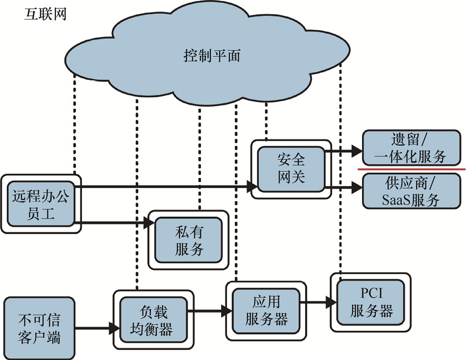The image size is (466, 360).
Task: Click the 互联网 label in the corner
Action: click(45, 14)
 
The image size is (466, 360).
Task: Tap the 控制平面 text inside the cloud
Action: click(212, 57)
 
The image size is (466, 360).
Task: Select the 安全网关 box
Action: click(291, 169)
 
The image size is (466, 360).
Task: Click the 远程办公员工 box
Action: click(41, 204)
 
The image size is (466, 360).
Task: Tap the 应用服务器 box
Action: click(266, 311)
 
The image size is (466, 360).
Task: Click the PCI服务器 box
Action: click(371, 302)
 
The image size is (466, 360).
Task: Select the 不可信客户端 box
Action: click(39, 327)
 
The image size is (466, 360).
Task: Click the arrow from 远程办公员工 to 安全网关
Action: click(167, 187)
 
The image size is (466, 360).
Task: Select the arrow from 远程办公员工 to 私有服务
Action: click(116, 223)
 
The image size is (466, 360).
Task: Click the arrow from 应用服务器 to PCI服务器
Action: click(318, 302)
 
